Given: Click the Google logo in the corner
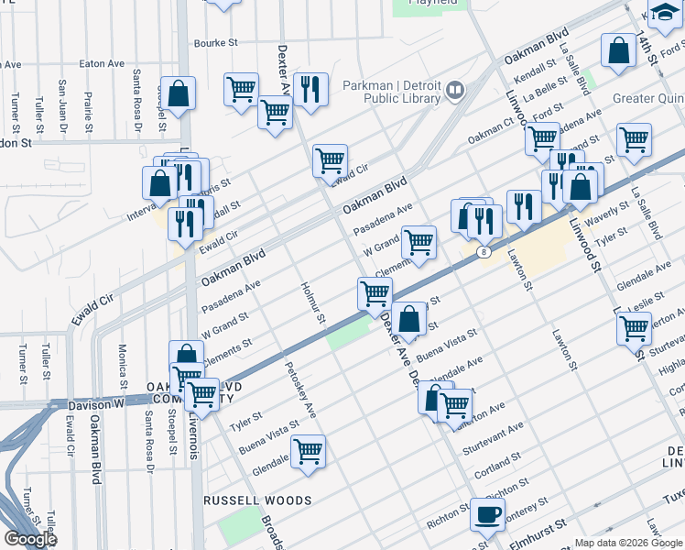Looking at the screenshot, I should (30, 539).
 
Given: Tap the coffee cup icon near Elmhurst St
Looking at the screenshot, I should (487, 513).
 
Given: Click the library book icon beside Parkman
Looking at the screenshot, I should (455, 90).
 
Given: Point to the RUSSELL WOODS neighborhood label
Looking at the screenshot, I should (257, 501).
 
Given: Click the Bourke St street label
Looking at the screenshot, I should (215, 42).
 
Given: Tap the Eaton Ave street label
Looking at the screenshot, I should (102, 63).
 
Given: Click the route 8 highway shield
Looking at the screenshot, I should (483, 250).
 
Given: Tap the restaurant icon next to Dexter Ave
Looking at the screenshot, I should (311, 89).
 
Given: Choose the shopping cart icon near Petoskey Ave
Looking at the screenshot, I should (309, 450).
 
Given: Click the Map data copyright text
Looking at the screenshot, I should (627, 543).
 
